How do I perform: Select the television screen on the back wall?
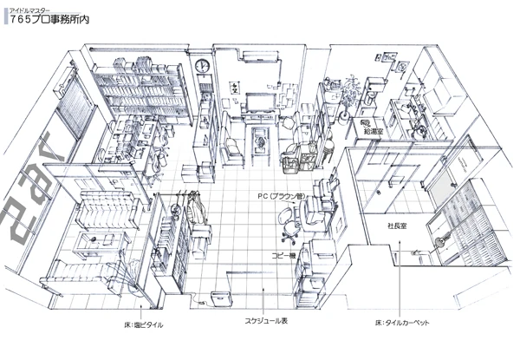pyautogui.click(x=259, y=101)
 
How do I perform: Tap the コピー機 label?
pyautogui.click(x=285, y=256)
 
